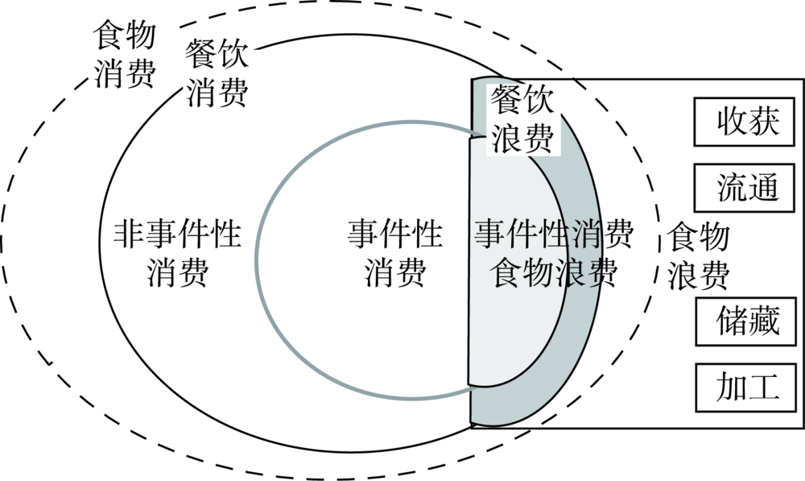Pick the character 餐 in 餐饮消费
coord(200,56)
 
